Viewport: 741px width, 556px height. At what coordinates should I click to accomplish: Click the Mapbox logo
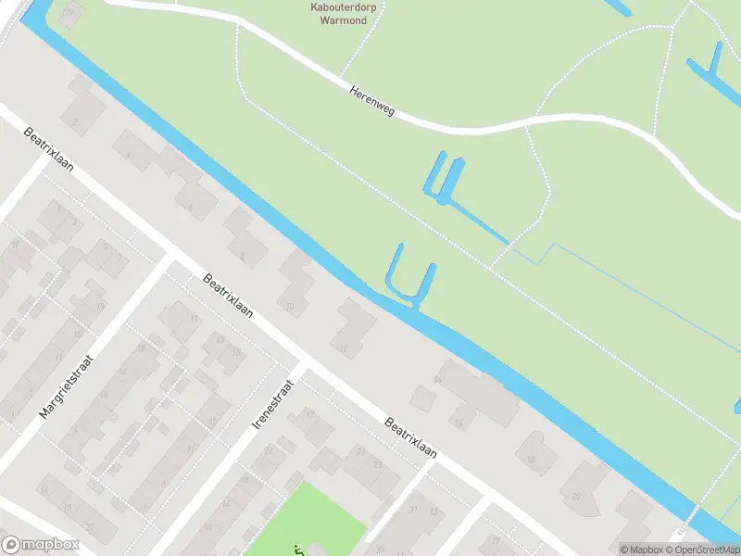(x=41, y=545)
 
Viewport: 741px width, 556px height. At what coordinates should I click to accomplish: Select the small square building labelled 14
(x=422, y=398)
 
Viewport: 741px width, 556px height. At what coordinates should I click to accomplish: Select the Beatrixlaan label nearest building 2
(x=51, y=148)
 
